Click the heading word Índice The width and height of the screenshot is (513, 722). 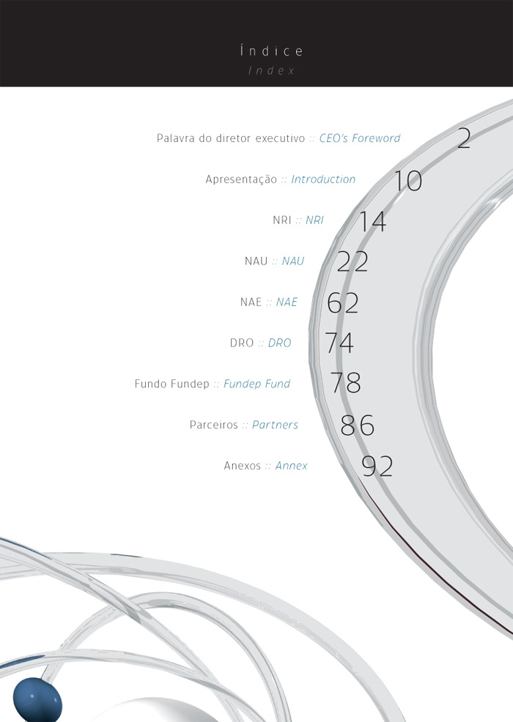271,51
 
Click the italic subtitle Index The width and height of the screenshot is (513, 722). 271,70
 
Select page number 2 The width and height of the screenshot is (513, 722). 464,138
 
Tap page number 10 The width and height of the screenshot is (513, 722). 409,180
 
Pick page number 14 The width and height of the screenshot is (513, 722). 372,221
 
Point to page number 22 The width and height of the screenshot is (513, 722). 353,262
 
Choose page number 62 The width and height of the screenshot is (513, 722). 342,303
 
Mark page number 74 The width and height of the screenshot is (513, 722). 339,343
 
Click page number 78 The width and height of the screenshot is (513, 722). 346,383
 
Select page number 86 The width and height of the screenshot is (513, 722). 357,425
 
